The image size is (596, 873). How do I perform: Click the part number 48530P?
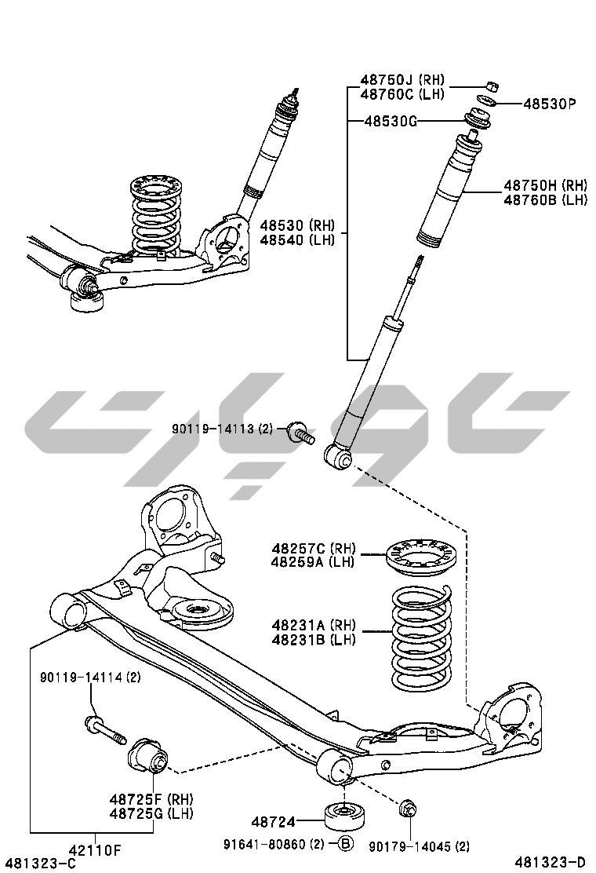coord(550,104)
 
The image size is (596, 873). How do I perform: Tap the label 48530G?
coord(391,121)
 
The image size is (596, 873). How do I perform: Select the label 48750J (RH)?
coord(402,80)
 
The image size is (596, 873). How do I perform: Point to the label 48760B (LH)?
coord(545,200)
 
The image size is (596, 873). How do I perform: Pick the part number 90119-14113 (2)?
coord(223,429)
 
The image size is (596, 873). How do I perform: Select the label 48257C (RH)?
coord(314,547)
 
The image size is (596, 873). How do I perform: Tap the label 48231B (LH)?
coord(314,640)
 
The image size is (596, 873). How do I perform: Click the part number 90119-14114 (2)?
coord(91,677)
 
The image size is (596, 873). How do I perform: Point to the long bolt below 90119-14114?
coord(104,729)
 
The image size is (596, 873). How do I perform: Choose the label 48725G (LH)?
coord(151,813)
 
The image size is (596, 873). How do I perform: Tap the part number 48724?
coord(273,822)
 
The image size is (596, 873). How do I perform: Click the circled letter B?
coord(345,844)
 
